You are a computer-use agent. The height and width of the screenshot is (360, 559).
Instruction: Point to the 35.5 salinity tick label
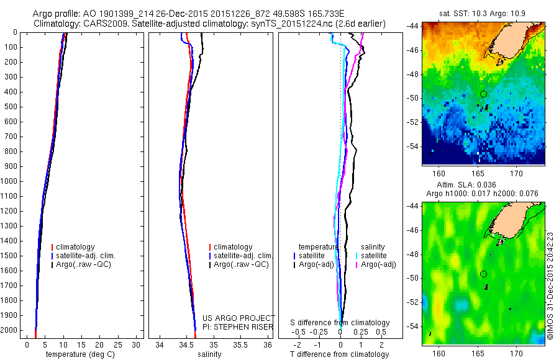tap(240, 345)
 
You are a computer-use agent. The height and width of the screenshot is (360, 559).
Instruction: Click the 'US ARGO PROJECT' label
tap(238, 318)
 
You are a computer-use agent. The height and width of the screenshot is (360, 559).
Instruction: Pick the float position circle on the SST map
tap(483, 94)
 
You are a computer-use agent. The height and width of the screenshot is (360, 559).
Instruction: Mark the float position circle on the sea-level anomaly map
tap(483, 274)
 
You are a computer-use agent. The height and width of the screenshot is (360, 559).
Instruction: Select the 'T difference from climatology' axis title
tap(339, 354)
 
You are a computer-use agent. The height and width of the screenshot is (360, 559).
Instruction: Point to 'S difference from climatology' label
tap(340, 323)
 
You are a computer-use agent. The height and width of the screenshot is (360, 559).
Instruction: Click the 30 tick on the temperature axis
tap(137, 345)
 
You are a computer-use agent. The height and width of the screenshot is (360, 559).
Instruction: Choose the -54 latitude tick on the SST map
tap(413, 146)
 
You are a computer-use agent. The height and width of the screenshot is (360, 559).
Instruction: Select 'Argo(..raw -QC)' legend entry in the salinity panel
tap(240, 264)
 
